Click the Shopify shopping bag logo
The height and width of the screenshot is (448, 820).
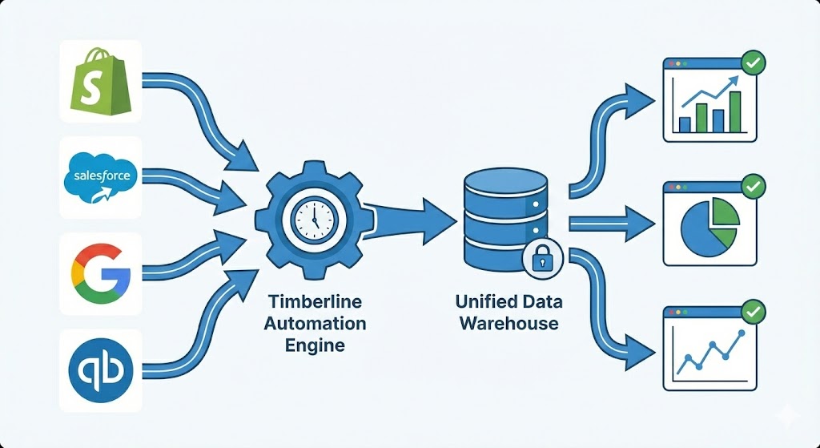click(x=101, y=81)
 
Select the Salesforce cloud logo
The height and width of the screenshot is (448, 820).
click(x=101, y=177)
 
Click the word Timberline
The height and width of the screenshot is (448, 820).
click(x=315, y=301)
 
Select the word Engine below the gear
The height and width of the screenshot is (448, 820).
click(x=315, y=345)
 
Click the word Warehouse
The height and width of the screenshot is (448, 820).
click(x=508, y=324)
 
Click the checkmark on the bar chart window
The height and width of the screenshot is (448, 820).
click(x=753, y=61)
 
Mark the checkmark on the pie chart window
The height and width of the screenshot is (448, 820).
click(x=753, y=188)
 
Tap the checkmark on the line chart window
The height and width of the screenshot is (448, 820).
click(x=753, y=310)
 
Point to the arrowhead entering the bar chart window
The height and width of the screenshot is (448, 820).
click(x=641, y=100)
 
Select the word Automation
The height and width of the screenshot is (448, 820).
click(x=315, y=324)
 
